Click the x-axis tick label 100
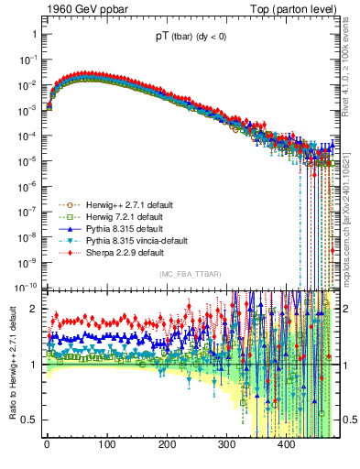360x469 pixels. click(106, 444)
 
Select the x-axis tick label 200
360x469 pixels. click(167, 444)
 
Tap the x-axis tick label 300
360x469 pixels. click(226, 444)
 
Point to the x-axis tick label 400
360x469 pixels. click(286, 444)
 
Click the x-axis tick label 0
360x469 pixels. click(47, 444)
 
